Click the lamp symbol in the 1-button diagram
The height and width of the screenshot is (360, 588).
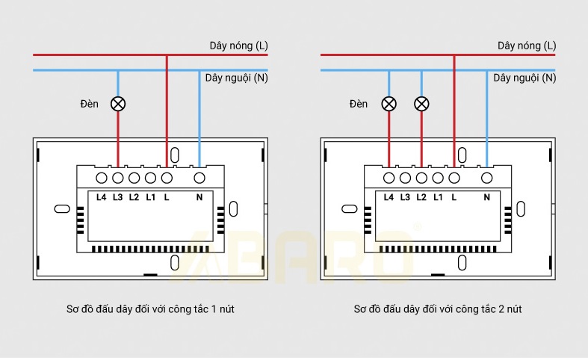click(x=117, y=103)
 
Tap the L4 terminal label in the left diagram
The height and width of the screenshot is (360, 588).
click(x=102, y=197)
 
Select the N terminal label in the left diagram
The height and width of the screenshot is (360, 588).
click(x=199, y=197)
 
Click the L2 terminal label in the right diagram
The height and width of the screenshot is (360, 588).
click(x=421, y=197)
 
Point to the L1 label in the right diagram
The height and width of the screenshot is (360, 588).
click(x=439, y=197)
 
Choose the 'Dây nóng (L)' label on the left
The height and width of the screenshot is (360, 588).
click(x=238, y=46)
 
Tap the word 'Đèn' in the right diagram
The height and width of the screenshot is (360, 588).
click(x=359, y=104)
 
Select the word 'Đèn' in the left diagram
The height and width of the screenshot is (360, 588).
click(x=90, y=104)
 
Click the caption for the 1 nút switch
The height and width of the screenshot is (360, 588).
click(x=150, y=308)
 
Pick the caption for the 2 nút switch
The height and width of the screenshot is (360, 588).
click(x=438, y=308)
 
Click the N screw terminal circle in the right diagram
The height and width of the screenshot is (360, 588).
click(x=486, y=178)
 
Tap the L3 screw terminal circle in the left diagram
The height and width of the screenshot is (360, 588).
click(x=117, y=178)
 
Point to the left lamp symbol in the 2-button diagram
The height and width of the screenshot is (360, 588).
click(x=389, y=103)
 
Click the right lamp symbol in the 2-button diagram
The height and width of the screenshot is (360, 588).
click(x=421, y=103)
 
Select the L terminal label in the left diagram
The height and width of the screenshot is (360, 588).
click(x=167, y=197)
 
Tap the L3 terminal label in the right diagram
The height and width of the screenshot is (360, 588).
click(x=405, y=197)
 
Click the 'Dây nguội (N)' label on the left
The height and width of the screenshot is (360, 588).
click(x=236, y=78)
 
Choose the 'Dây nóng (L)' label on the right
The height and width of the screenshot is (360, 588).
click(x=527, y=46)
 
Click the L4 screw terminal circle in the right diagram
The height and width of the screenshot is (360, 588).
click(x=389, y=178)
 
